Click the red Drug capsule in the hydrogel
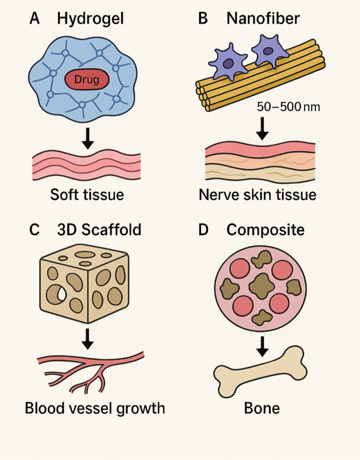tap(87, 80)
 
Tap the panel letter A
tap(35, 19)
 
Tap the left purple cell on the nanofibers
tap(228, 61)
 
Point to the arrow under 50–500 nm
tap(261, 128)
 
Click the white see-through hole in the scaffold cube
tap(62, 295)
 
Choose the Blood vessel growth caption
tap(95, 408)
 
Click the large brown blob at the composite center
tap(261, 285)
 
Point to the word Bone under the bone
tap(261, 408)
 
